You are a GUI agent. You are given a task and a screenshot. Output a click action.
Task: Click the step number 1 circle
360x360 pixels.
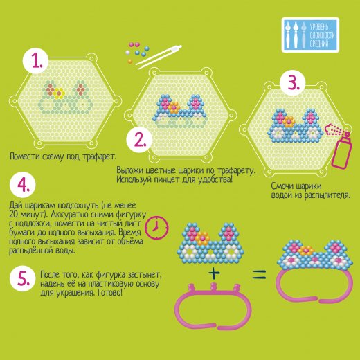click(x=35, y=61)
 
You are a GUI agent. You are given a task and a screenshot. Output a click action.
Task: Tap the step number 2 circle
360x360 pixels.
click(x=139, y=141)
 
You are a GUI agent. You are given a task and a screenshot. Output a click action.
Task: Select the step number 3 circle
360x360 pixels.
click(x=293, y=82)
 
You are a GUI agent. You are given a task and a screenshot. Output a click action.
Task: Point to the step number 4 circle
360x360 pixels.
click(x=23, y=185)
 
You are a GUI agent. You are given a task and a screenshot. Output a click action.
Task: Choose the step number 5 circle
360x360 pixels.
click(x=23, y=278)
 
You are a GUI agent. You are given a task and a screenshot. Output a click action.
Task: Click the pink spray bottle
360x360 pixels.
click(x=340, y=145)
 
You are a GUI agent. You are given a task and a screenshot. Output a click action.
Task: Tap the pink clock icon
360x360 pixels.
click(x=156, y=228)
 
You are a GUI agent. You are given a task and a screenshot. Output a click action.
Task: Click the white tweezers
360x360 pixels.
click(x=159, y=57)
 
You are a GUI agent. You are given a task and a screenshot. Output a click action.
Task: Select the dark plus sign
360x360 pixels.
click(x=214, y=273)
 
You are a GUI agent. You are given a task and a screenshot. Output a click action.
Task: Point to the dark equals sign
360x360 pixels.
click(x=259, y=275)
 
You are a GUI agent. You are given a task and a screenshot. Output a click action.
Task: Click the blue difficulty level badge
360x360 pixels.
click(x=310, y=35)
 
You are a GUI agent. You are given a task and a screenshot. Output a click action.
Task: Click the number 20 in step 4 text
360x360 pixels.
click(x=14, y=215)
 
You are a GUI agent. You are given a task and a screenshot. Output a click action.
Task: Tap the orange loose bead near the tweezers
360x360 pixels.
click(x=130, y=61)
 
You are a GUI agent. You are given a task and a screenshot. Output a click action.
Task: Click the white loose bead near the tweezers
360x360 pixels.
click(x=127, y=53)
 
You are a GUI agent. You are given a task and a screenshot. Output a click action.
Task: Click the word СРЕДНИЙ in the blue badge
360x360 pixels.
click(x=319, y=43)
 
